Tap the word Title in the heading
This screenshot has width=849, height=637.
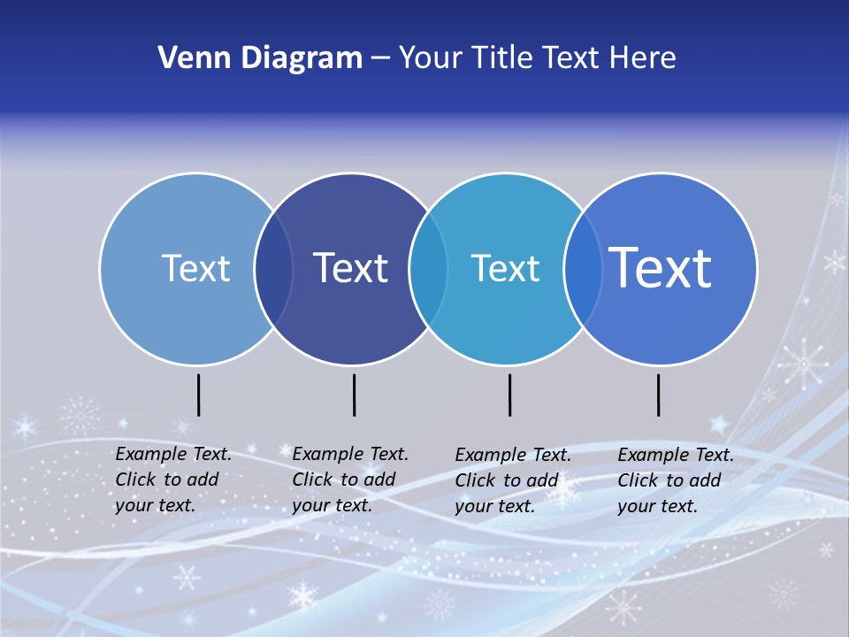[x=503, y=58]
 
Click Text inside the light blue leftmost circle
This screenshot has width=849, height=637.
[x=195, y=268]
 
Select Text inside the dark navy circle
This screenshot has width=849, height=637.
[x=351, y=268]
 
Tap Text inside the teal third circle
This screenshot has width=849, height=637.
[x=505, y=268]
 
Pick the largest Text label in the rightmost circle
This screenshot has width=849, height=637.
[x=661, y=267]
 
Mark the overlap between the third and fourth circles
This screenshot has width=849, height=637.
[x=583, y=269]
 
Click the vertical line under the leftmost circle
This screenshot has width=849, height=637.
[x=199, y=395]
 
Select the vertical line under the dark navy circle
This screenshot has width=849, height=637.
[x=354, y=395]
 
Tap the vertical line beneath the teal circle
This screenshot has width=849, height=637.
[x=509, y=395]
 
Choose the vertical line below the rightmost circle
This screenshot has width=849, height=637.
[x=658, y=395]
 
